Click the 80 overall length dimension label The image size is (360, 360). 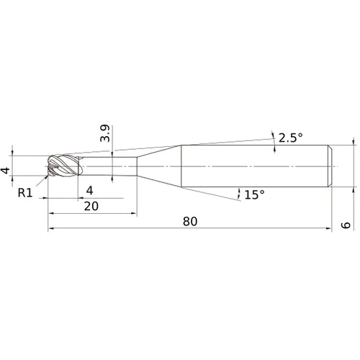pos(189,222)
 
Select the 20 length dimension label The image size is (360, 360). pos(91,204)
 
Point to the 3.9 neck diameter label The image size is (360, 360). pos(105,133)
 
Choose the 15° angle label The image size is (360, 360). pos(254,194)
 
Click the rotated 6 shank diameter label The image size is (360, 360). pos(346,225)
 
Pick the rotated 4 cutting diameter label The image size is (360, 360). pos(6,171)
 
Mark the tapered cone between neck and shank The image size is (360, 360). pos(158,167)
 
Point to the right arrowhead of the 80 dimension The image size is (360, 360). pos(328,230)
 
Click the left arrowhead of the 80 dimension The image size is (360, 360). pos(52,230)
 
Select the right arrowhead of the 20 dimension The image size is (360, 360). pos(134,212)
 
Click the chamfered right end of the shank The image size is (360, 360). pos(330,167)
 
